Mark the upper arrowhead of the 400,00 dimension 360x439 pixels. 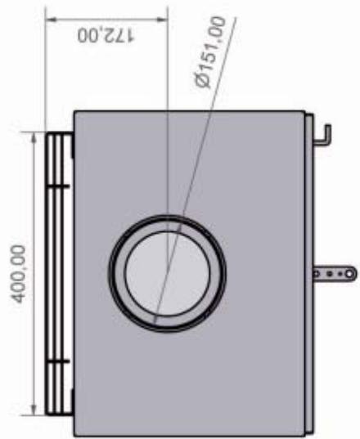click(34, 139)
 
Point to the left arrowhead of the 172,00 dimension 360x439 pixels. click(51, 18)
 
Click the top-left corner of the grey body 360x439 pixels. click(76, 112)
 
